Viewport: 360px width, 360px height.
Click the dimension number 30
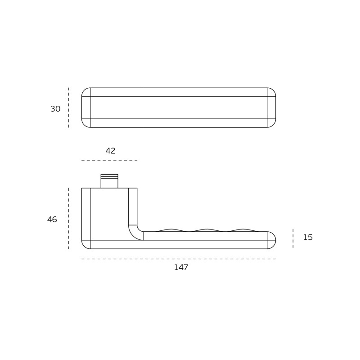point(55,109)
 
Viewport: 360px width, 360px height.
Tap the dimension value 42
point(110,151)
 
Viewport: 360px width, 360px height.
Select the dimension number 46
point(52,220)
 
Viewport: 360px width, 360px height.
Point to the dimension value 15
point(308,237)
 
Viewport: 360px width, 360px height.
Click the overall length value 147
point(181,267)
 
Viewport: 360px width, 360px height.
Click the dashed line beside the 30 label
point(68,108)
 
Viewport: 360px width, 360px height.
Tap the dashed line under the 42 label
point(109,160)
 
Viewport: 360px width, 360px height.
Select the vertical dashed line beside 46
point(68,218)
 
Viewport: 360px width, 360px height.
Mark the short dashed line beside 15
point(293,238)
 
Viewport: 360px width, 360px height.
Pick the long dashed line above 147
point(179,259)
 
